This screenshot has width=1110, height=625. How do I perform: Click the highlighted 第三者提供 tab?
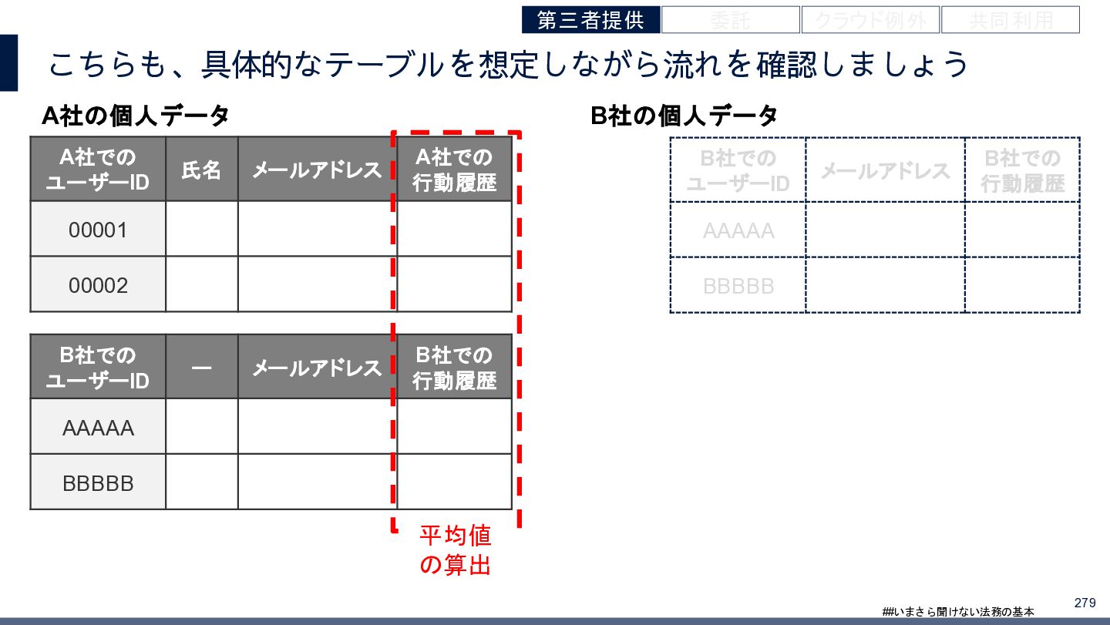click(x=590, y=20)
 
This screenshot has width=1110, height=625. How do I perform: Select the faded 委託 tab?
click(x=730, y=20)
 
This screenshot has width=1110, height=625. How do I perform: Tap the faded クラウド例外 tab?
click(x=870, y=20)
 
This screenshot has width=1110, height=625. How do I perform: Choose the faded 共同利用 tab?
click(x=1010, y=20)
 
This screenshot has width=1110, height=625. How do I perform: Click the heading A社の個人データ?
click(x=136, y=116)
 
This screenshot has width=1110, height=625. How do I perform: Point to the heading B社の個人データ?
click(x=684, y=116)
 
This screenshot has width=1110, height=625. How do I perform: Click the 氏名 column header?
click(x=201, y=170)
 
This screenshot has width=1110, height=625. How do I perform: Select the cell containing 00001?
click(x=98, y=230)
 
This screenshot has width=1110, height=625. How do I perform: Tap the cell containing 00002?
click(x=98, y=285)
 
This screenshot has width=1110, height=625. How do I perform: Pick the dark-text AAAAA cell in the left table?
click(x=98, y=427)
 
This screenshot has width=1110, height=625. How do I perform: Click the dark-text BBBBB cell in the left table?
click(x=98, y=482)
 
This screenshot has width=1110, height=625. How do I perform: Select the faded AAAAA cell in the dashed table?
click(x=738, y=230)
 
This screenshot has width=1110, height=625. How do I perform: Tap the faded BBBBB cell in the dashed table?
click(x=738, y=286)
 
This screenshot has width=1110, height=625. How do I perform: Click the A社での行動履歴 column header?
click(x=454, y=170)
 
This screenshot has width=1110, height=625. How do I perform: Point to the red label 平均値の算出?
click(x=455, y=550)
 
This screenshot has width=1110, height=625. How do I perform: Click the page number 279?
click(x=1085, y=602)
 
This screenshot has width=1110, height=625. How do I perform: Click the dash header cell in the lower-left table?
click(x=201, y=368)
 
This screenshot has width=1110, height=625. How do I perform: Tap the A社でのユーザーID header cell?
click(x=98, y=170)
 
